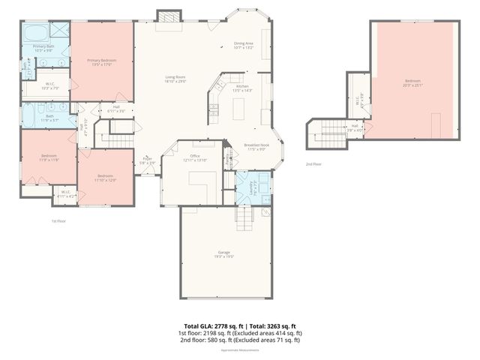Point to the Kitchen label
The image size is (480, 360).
[243, 88]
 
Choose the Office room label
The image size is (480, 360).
[194, 157]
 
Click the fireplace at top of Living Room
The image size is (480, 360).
[169, 16]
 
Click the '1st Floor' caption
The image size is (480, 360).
[59, 220]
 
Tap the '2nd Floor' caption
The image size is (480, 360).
[313, 163]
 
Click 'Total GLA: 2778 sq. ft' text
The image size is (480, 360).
[206, 325]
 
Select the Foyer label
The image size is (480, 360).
[148, 160]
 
